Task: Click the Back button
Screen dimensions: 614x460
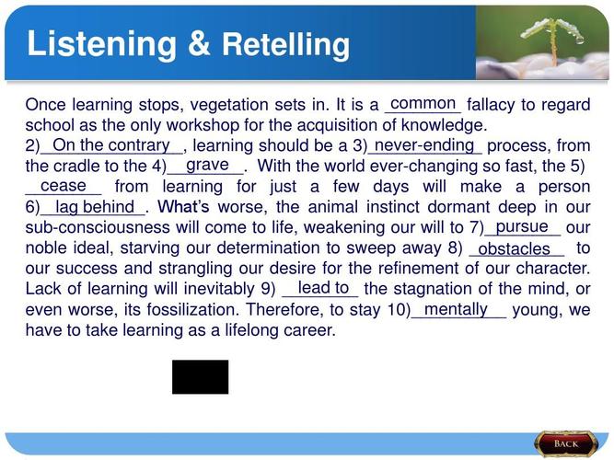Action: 566,443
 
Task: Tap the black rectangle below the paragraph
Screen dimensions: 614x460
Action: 200,376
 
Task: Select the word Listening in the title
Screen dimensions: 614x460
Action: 102,44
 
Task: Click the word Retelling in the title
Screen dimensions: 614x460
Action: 286,44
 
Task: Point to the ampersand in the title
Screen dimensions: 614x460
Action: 200,43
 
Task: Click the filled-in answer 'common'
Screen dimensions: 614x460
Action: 423,103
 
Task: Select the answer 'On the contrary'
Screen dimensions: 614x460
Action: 111,145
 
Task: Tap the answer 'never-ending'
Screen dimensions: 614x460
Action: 424,145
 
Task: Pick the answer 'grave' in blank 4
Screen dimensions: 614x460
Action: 207,165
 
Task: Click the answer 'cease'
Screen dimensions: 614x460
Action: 63,186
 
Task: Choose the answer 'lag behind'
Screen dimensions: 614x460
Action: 95,206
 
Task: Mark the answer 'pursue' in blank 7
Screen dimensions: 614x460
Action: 522,226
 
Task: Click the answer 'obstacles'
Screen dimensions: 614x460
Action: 515,248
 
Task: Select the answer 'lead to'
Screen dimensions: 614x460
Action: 323,288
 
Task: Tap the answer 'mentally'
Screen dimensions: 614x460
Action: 456,309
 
